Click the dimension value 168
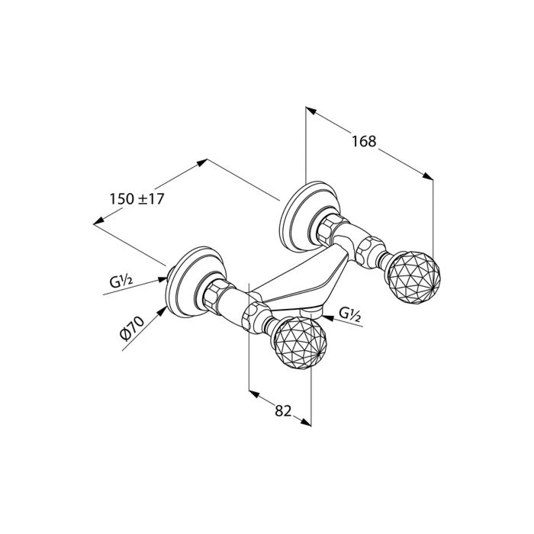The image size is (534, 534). click(x=364, y=141)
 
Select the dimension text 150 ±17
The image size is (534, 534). click(x=137, y=199)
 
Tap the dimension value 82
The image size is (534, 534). click(x=283, y=410)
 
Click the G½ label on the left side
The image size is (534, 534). click(x=121, y=282)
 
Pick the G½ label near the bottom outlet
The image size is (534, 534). click(x=349, y=314)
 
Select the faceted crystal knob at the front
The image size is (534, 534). click(x=301, y=343)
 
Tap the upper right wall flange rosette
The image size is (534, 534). click(x=309, y=216)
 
